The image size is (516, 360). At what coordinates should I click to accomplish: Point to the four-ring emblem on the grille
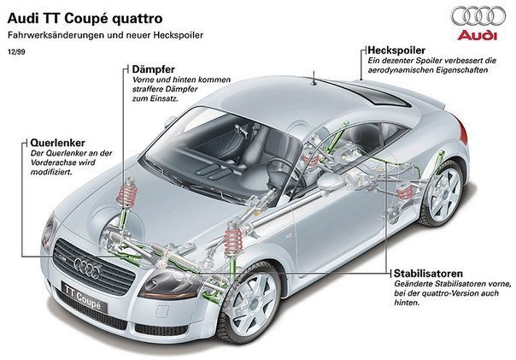[87, 268]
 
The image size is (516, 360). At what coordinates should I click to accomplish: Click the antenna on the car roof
[318, 82]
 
